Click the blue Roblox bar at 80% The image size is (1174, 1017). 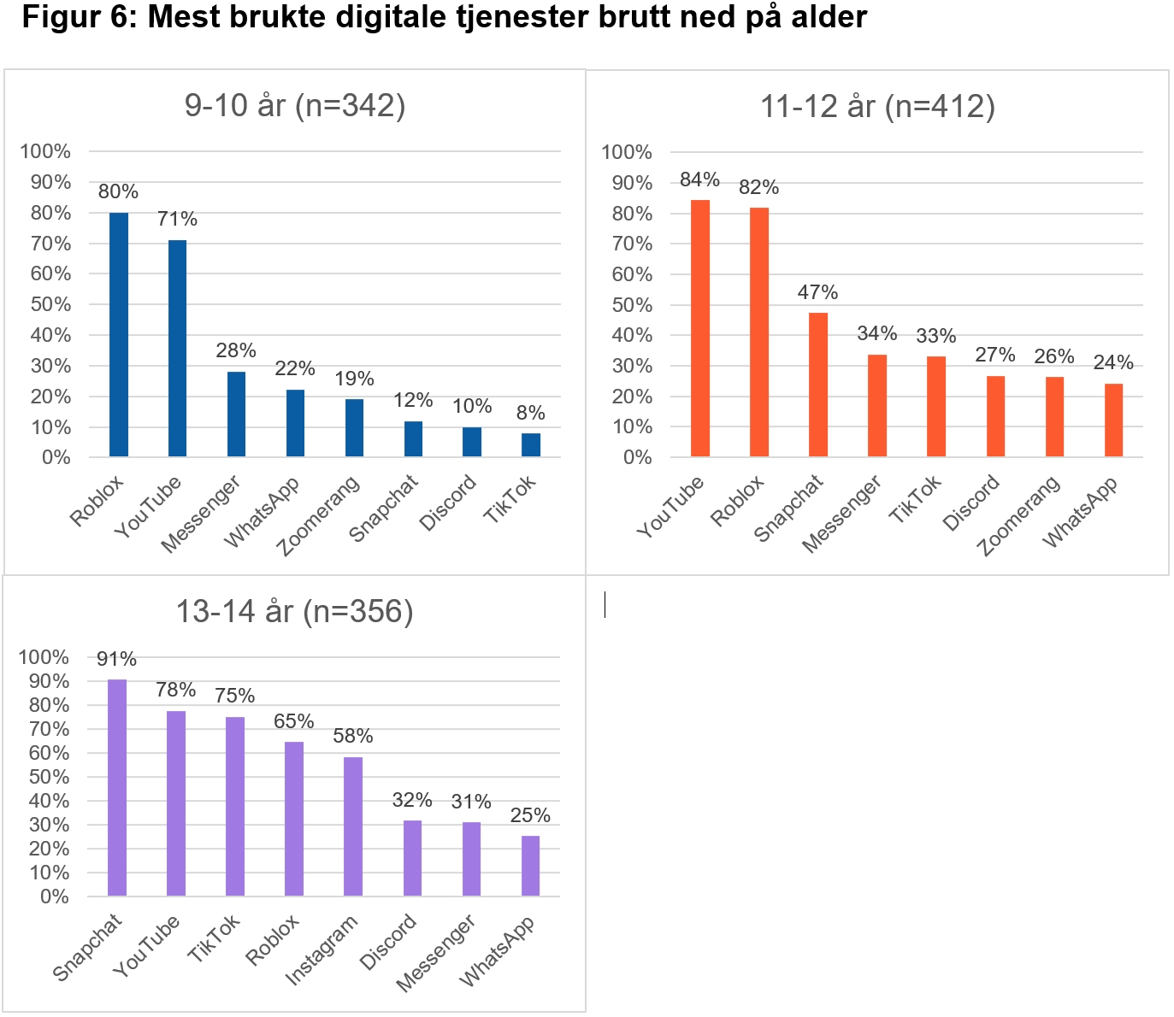click(119, 335)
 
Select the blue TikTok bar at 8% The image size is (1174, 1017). click(531, 445)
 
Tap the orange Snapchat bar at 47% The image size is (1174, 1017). click(818, 385)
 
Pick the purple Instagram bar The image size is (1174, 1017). click(353, 826)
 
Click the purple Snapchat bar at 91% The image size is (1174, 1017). click(117, 787)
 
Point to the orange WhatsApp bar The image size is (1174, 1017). click(1113, 420)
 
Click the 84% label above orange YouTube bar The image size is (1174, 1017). click(699, 179)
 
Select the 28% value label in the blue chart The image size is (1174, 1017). click(236, 350)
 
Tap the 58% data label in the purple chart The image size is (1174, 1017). click(353, 736)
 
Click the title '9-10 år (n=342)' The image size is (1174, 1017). click(295, 105)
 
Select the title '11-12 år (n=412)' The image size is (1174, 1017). click(877, 106)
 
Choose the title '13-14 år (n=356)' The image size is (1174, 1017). click(294, 611)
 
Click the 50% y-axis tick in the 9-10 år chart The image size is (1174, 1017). click(50, 304)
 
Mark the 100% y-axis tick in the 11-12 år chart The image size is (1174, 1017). click(627, 152)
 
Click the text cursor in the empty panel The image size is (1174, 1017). click(605, 604)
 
